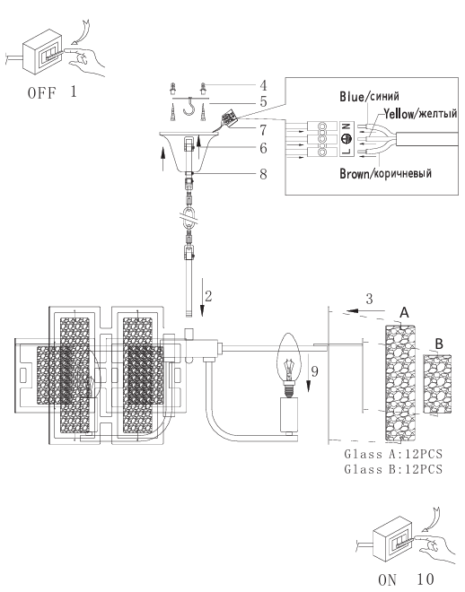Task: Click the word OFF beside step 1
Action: click(x=41, y=93)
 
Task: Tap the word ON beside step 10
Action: click(x=387, y=580)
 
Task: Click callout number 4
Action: click(x=263, y=85)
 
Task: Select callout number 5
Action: click(x=263, y=101)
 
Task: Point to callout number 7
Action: click(x=263, y=130)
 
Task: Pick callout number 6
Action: click(x=263, y=148)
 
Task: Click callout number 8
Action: click(x=263, y=174)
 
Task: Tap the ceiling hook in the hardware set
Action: click(x=189, y=107)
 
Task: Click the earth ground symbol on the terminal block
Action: click(x=346, y=139)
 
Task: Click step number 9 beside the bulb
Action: click(x=314, y=371)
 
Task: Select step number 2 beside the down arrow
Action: click(x=208, y=296)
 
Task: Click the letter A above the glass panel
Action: click(x=404, y=313)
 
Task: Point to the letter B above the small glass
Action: click(x=439, y=344)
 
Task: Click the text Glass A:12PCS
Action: click(x=393, y=454)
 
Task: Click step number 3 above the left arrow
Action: click(x=370, y=299)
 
